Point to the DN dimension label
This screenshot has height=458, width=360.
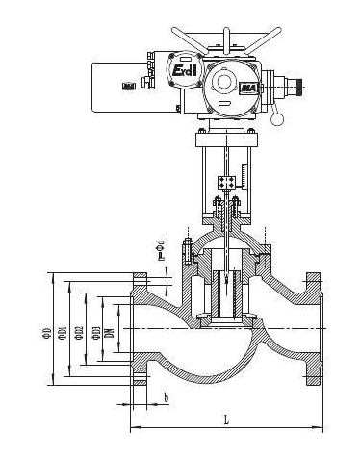coord(109,332)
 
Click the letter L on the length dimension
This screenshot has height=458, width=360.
coord(225,420)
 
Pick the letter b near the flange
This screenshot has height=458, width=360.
coord(167,397)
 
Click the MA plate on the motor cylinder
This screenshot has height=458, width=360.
coord(129,88)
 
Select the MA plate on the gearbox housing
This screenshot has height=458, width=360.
coord(247,88)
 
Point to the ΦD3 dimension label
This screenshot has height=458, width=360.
coord(96,332)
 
